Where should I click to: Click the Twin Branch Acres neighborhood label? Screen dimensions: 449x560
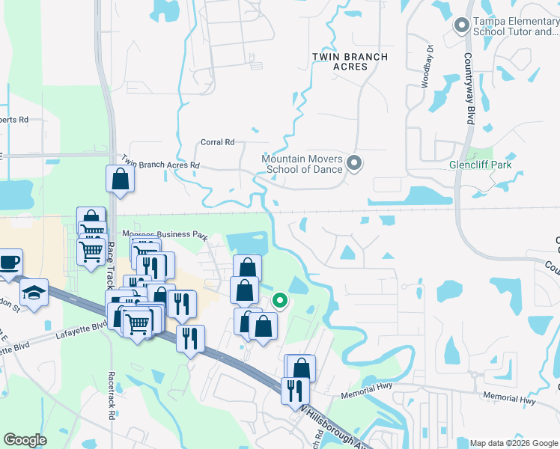tap(350, 61)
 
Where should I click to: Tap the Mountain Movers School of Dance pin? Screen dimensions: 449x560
tap(356, 163)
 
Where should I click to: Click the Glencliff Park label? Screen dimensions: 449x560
tap(480, 165)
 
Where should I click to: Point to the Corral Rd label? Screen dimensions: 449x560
tap(217, 142)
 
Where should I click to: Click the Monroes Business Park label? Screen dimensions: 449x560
tap(163, 234)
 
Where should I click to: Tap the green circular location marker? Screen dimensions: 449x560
tap(280, 301)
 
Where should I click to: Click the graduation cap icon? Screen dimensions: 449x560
tap(34, 293)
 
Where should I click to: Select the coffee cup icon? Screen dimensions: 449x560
tap(9, 263)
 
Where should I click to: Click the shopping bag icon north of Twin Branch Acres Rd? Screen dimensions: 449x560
tap(120, 179)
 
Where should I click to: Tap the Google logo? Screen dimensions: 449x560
tap(25, 440)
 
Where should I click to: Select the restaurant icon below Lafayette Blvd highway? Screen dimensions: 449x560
tap(190, 337)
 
